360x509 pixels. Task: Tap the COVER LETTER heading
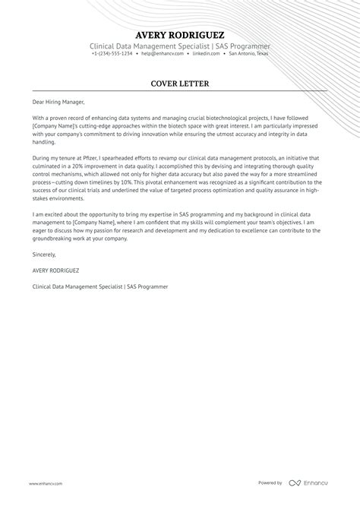pos(179,83)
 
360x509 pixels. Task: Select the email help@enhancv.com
pos(157,54)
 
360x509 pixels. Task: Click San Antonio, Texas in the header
pos(248,54)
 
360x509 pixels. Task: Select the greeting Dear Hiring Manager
pos(58,102)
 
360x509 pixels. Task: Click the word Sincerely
pos(44,255)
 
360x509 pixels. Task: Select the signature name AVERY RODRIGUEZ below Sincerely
pos(57,270)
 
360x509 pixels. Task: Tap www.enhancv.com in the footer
pos(46,483)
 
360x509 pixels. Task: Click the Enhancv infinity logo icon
pos(295,483)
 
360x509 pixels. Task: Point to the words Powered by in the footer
pos(270,483)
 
